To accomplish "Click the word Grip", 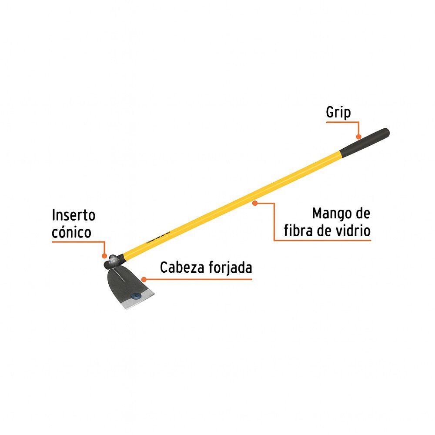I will point(338,113).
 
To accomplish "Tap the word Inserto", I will point(73,215).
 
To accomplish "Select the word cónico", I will point(71,232).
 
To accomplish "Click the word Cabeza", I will point(181,268).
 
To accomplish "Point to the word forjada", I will point(229,268).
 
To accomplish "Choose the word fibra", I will point(301,231).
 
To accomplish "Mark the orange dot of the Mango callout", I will point(255,202).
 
